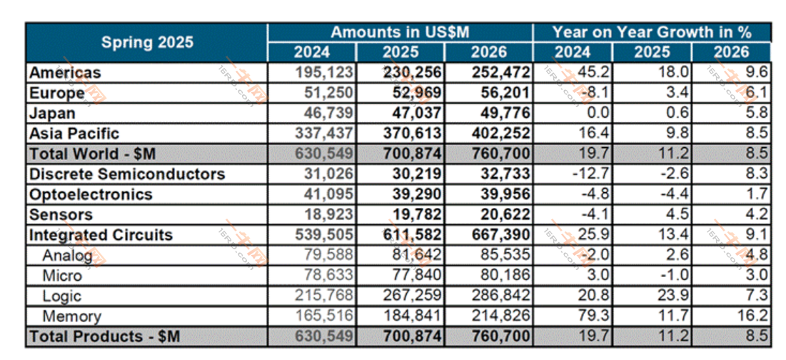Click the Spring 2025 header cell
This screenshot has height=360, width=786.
[x=147, y=42]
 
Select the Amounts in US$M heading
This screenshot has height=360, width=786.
[x=400, y=32]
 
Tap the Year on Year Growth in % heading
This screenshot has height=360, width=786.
[x=653, y=32]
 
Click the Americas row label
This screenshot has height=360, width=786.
[x=65, y=73]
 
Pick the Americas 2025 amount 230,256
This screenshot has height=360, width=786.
[x=413, y=73]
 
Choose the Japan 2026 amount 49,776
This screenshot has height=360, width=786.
[x=500, y=113]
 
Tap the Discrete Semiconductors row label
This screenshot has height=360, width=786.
[x=127, y=174]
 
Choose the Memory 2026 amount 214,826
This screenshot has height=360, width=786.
[x=500, y=316]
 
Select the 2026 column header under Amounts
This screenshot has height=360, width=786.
[x=489, y=51]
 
